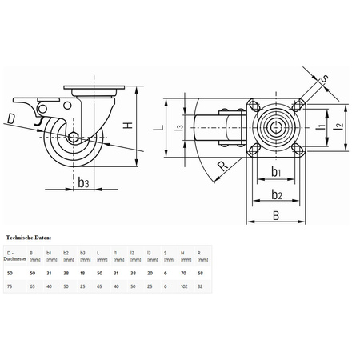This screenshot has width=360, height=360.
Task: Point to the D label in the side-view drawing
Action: pos(10,120)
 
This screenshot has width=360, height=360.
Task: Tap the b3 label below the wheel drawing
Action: pos(83,182)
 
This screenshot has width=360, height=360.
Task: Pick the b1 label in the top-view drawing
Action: pos(275,171)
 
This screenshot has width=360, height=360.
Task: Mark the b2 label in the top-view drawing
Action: pos(275,194)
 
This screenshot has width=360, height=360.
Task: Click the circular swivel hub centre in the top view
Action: pos(275,126)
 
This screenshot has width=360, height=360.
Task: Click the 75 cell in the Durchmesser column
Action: pos(10,286)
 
